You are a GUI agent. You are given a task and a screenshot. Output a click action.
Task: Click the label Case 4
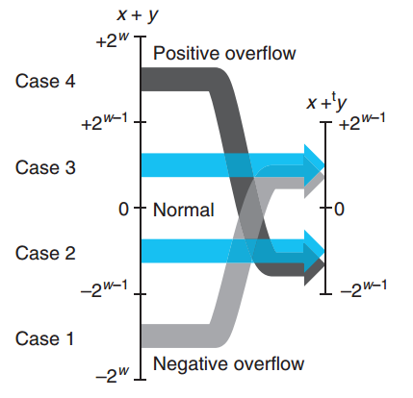45,81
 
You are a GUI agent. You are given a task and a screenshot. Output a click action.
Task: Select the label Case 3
45,167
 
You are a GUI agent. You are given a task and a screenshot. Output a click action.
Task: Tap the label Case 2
45,253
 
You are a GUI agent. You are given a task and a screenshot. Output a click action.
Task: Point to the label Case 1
44,338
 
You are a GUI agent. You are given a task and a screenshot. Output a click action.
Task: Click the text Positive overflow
224,53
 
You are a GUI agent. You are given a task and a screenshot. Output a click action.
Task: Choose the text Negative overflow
228,363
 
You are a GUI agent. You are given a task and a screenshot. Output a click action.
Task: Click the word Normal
184,210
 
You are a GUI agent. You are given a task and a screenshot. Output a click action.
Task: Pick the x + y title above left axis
138,14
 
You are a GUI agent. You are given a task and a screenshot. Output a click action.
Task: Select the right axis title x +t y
326,102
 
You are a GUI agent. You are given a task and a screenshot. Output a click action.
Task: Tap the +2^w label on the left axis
112,40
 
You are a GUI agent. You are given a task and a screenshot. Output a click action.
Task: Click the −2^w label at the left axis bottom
112,375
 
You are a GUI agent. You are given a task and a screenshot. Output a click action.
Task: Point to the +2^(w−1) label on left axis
104,122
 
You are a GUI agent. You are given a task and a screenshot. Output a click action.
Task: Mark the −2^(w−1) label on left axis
104,288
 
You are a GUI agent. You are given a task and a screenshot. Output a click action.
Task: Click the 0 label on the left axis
123,210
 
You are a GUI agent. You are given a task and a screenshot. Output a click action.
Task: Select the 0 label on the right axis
340,210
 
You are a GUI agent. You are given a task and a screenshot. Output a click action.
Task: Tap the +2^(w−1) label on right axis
362,122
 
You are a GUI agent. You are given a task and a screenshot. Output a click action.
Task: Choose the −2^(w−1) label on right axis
363,288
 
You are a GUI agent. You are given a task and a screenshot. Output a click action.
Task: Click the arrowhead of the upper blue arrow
315,165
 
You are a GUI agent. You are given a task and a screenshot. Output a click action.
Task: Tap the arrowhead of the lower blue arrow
315,251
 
